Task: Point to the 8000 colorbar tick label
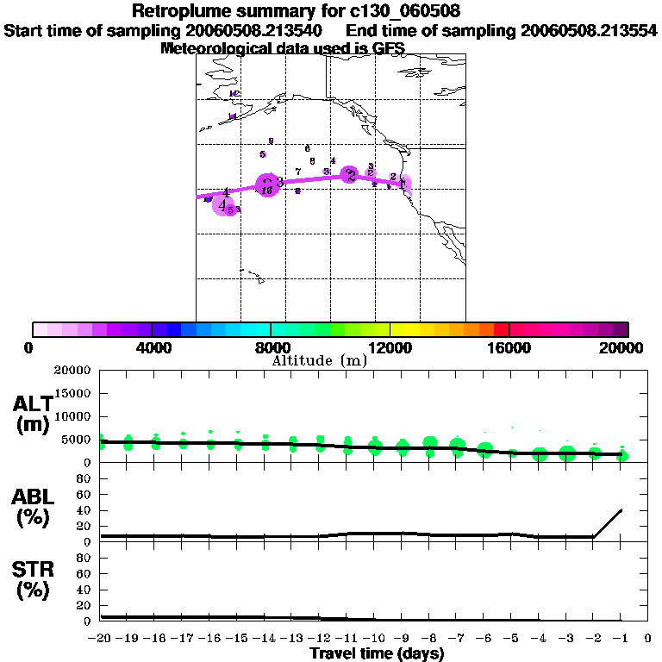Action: pos(271,347)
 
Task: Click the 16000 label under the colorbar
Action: pos(509,347)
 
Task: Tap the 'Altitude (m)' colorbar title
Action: pos(319,360)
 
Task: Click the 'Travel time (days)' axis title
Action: pos(377,653)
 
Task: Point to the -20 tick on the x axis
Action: pos(101,638)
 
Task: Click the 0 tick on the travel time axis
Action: pos(647,638)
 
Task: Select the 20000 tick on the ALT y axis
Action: pos(72,371)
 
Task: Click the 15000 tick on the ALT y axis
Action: pos(72,393)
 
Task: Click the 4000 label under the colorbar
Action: pos(152,347)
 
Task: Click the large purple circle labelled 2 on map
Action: pos(349,175)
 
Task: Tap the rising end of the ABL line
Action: pos(621,510)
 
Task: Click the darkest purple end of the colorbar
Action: pos(621,329)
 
